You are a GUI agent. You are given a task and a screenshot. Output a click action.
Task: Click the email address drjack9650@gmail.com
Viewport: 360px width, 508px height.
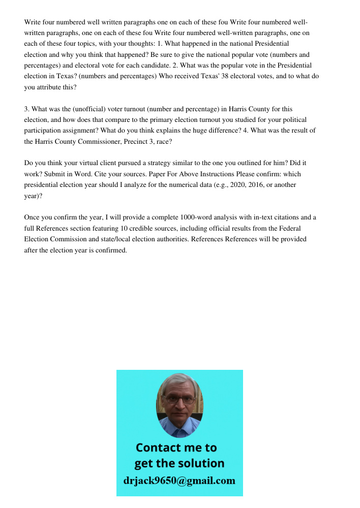point(179,481)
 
